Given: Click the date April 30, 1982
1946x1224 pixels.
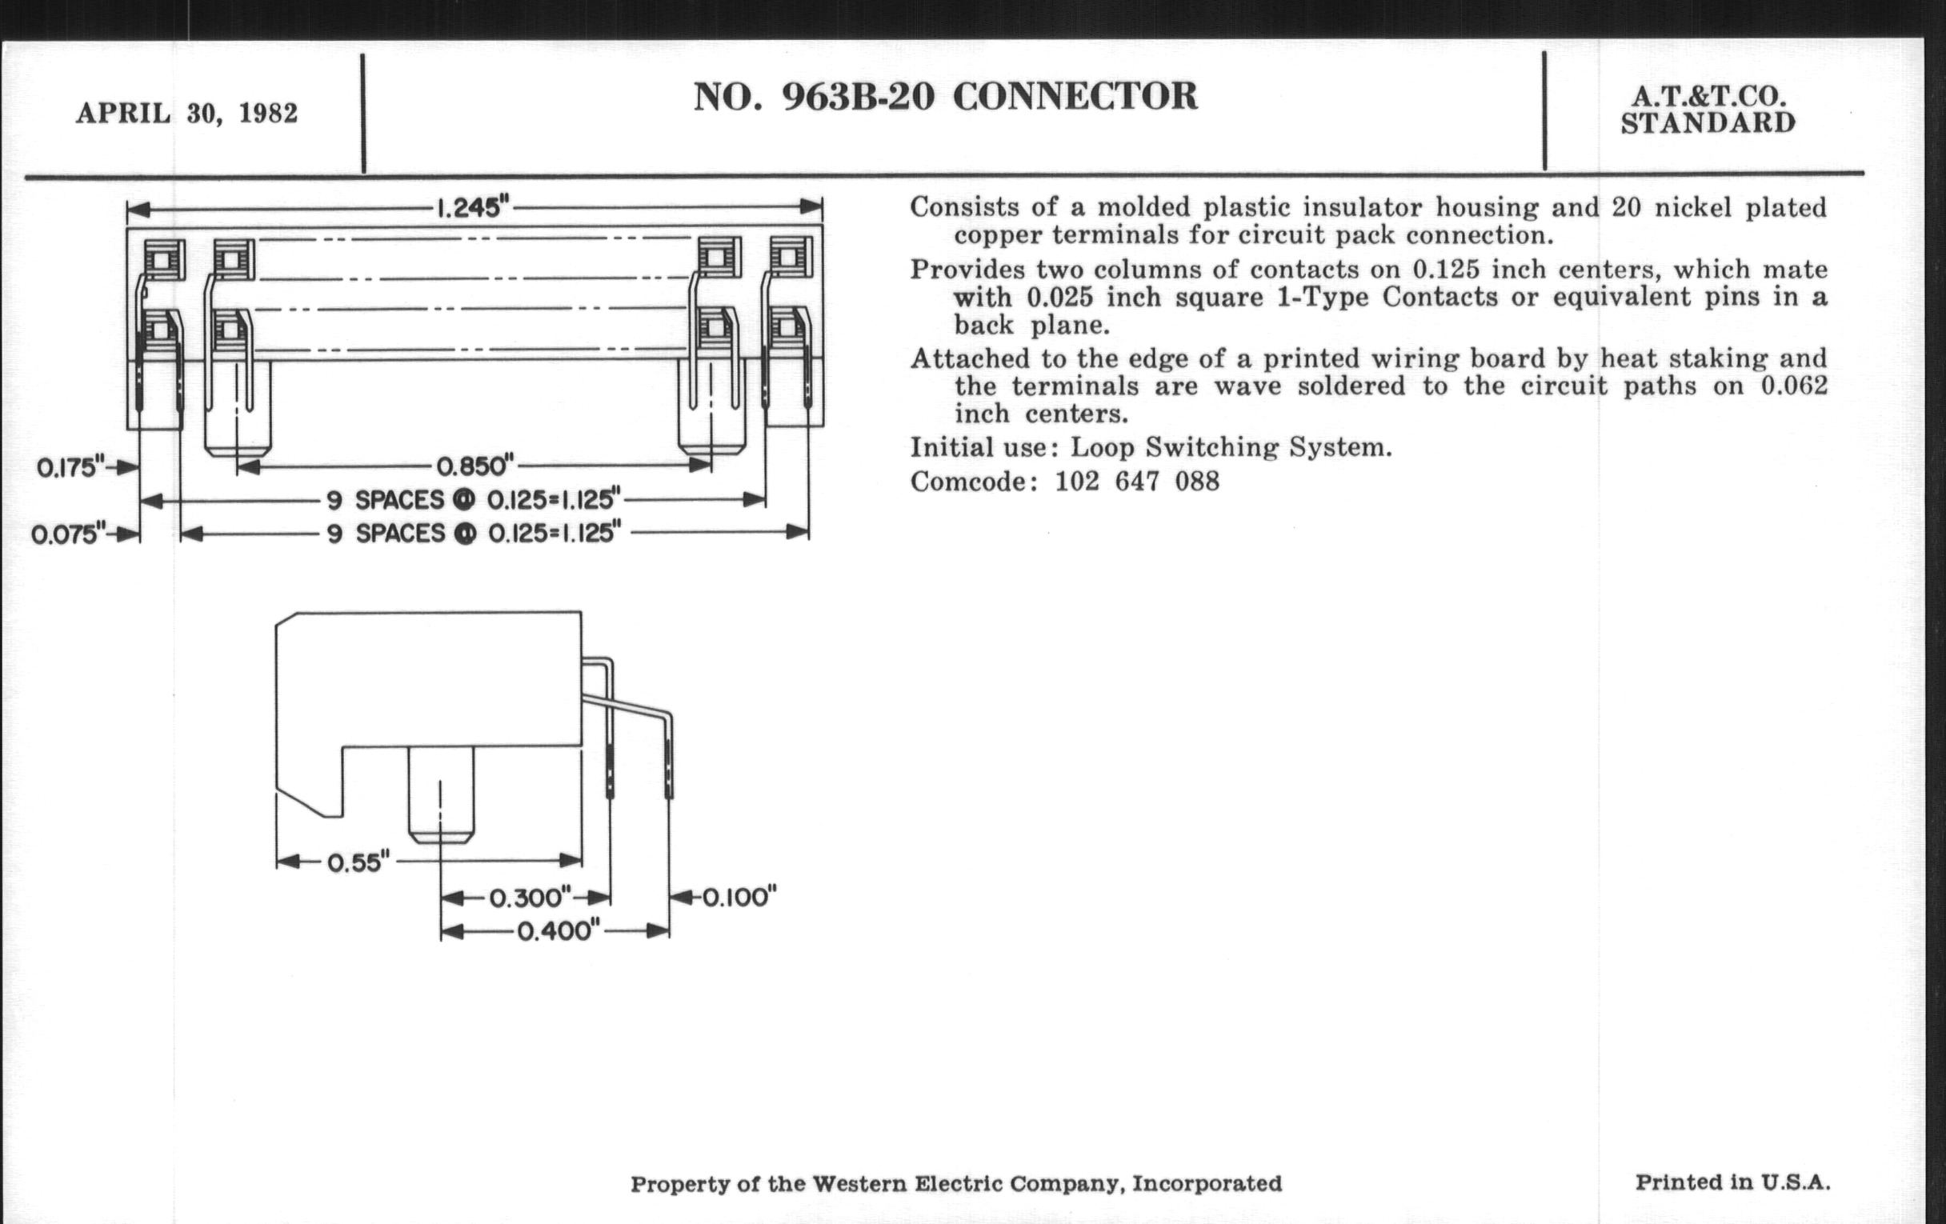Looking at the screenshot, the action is pos(186,113).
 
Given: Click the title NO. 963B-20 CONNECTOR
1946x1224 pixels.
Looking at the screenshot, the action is pos(946,97).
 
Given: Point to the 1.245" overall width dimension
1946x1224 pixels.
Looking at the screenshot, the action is pos(474,209).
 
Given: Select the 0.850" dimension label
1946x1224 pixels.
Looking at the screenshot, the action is pos(475,466).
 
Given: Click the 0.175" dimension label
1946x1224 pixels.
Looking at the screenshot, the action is pos(71,468).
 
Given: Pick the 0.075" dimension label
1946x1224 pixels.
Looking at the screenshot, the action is pos(68,535).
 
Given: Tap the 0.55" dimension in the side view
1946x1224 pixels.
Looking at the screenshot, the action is pos(358,863).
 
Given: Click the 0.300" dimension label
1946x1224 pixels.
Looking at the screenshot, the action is pos(531,898).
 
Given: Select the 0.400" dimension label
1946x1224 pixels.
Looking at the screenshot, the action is pos(559,931).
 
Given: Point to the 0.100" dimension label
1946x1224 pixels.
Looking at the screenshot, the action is pos(739,897).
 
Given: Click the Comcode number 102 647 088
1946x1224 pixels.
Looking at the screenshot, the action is pos(1137,482).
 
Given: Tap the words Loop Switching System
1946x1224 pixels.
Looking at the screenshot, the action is pos(1231,447).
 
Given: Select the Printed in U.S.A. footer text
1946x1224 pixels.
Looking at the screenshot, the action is pos(1732,1182).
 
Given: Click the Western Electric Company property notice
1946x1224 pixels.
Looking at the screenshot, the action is pos(956,1185).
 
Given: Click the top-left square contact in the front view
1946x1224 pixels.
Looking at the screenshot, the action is pos(164,259).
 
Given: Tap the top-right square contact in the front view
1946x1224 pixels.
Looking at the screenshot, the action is pos(792,258).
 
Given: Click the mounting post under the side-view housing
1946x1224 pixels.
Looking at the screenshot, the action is pos(440,795).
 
